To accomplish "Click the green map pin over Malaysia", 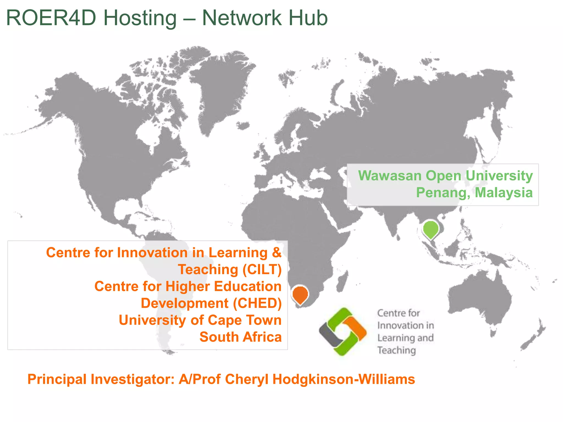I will [430, 229].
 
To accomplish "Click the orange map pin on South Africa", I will [300, 294].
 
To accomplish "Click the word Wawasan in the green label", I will [390, 176].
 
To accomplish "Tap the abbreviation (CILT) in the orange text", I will [262, 270].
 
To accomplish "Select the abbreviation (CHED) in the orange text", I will [257, 303].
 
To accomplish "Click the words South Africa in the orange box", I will [241, 337].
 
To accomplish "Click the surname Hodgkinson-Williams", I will [344, 379].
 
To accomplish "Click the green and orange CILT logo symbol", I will [343, 332].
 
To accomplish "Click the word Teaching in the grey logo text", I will [396, 350].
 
